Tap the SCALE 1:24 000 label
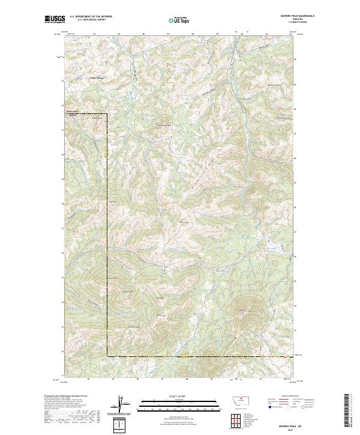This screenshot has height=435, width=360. click(171, 395)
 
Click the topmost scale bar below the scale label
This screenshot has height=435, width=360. click(171, 400)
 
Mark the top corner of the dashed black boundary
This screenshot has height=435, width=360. click(107, 113)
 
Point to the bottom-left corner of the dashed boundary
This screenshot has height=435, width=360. click(107, 356)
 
